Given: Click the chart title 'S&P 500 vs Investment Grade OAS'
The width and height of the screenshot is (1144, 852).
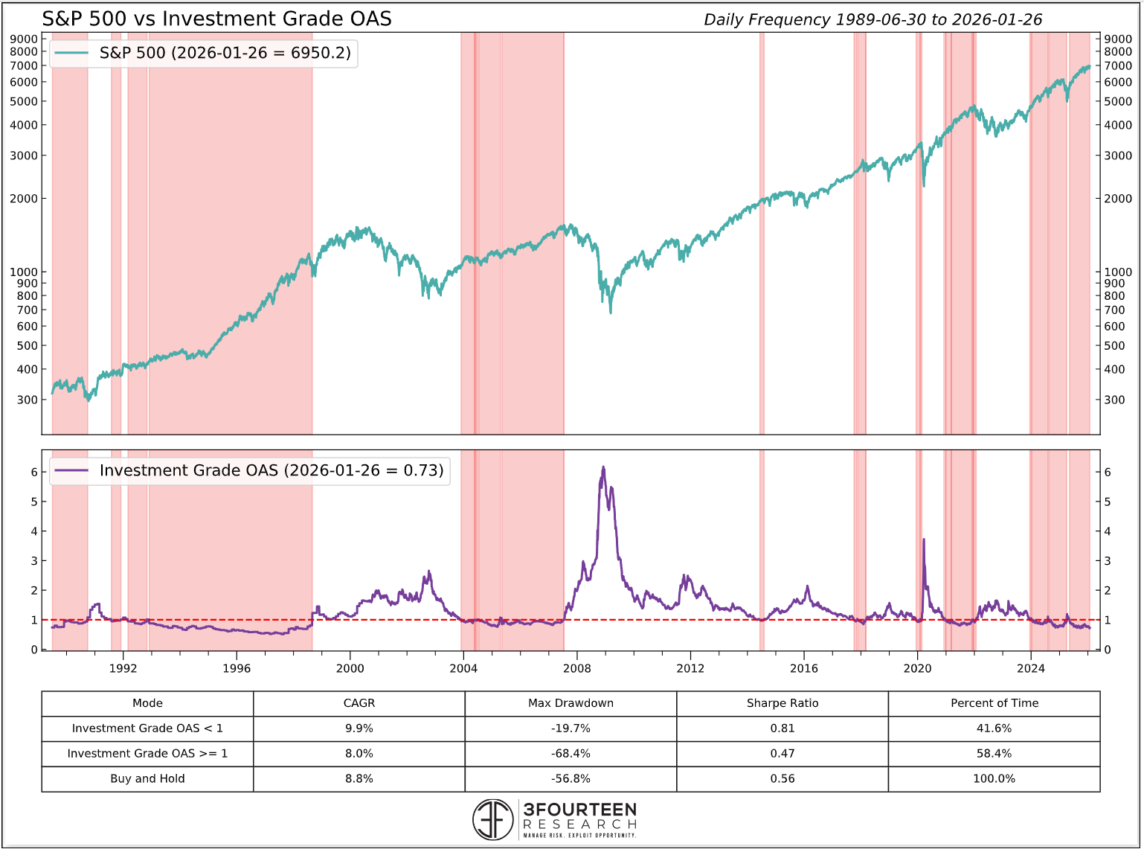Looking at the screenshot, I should tap(216, 19).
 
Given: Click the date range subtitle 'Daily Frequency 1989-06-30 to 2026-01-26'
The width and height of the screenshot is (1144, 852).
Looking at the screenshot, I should tap(873, 19).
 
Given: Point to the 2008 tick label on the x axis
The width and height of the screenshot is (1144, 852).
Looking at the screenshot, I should tap(577, 668).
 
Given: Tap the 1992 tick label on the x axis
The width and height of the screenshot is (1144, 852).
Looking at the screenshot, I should tap(123, 668).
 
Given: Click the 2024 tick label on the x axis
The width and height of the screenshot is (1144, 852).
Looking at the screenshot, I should tap(1030, 668).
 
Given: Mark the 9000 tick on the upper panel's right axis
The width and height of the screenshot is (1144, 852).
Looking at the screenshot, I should tap(1118, 39).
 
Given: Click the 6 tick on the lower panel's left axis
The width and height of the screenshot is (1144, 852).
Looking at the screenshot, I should tap(33, 472).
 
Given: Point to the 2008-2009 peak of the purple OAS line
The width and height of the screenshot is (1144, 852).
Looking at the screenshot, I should tap(603, 467).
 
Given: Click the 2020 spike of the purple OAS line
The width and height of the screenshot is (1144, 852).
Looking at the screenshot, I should tap(924, 539).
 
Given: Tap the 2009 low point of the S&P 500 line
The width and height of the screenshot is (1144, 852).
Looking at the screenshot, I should tap(611, 312).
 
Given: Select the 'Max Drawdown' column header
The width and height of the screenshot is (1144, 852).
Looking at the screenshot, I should tap(571, 703).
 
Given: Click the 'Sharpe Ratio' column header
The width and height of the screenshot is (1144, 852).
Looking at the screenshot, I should tap(782, 703).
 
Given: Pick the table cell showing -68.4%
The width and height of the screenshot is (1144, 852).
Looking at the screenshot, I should tap(571, 753).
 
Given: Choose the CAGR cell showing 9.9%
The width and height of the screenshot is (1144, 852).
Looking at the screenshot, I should tap(359, 728).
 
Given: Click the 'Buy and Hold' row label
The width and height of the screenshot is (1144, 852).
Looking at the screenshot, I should tap(147, 778).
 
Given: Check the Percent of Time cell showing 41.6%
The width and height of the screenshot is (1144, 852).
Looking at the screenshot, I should tap(994, 728).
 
